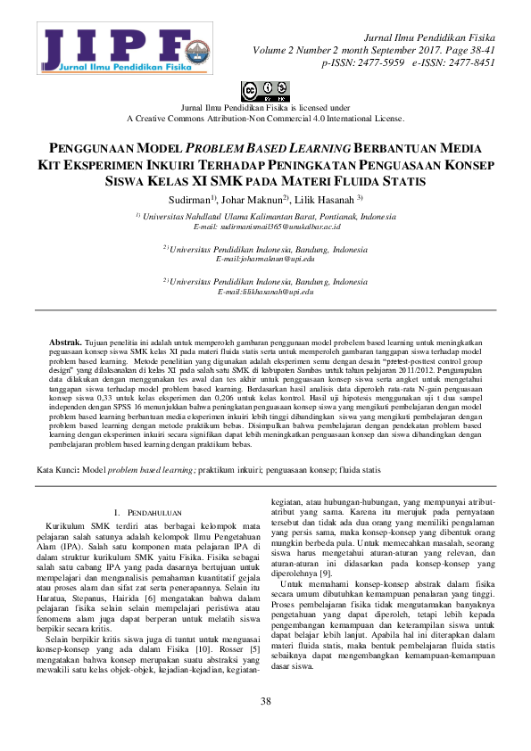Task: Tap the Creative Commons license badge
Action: coord(265,91)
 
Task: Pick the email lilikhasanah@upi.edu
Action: coord(265,292)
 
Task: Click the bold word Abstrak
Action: coord(65,342)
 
